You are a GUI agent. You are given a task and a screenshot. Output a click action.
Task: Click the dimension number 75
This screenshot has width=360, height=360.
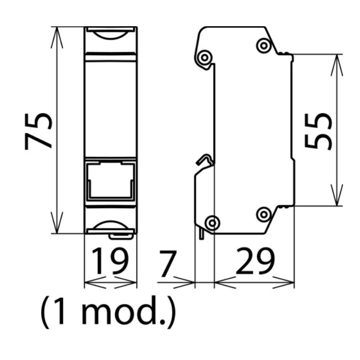click(x=39, y=132)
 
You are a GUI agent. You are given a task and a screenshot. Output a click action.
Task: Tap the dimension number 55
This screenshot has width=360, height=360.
click(x=318, y=132)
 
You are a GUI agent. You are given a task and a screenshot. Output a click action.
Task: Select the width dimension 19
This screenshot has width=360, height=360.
click(x=110, y=261)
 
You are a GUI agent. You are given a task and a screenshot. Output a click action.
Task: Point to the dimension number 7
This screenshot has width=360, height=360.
click(x=168, y=264)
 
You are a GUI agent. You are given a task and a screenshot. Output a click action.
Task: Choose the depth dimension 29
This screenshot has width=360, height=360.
click(x=255, y=261)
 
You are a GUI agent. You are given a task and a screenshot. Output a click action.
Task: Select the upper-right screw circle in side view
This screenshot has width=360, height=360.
click(x=264, y=46)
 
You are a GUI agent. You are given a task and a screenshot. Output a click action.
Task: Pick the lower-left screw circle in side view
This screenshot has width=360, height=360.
click(x=212, y=223)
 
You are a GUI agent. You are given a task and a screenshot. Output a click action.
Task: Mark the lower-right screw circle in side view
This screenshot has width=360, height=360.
click(x=264, y=214)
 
